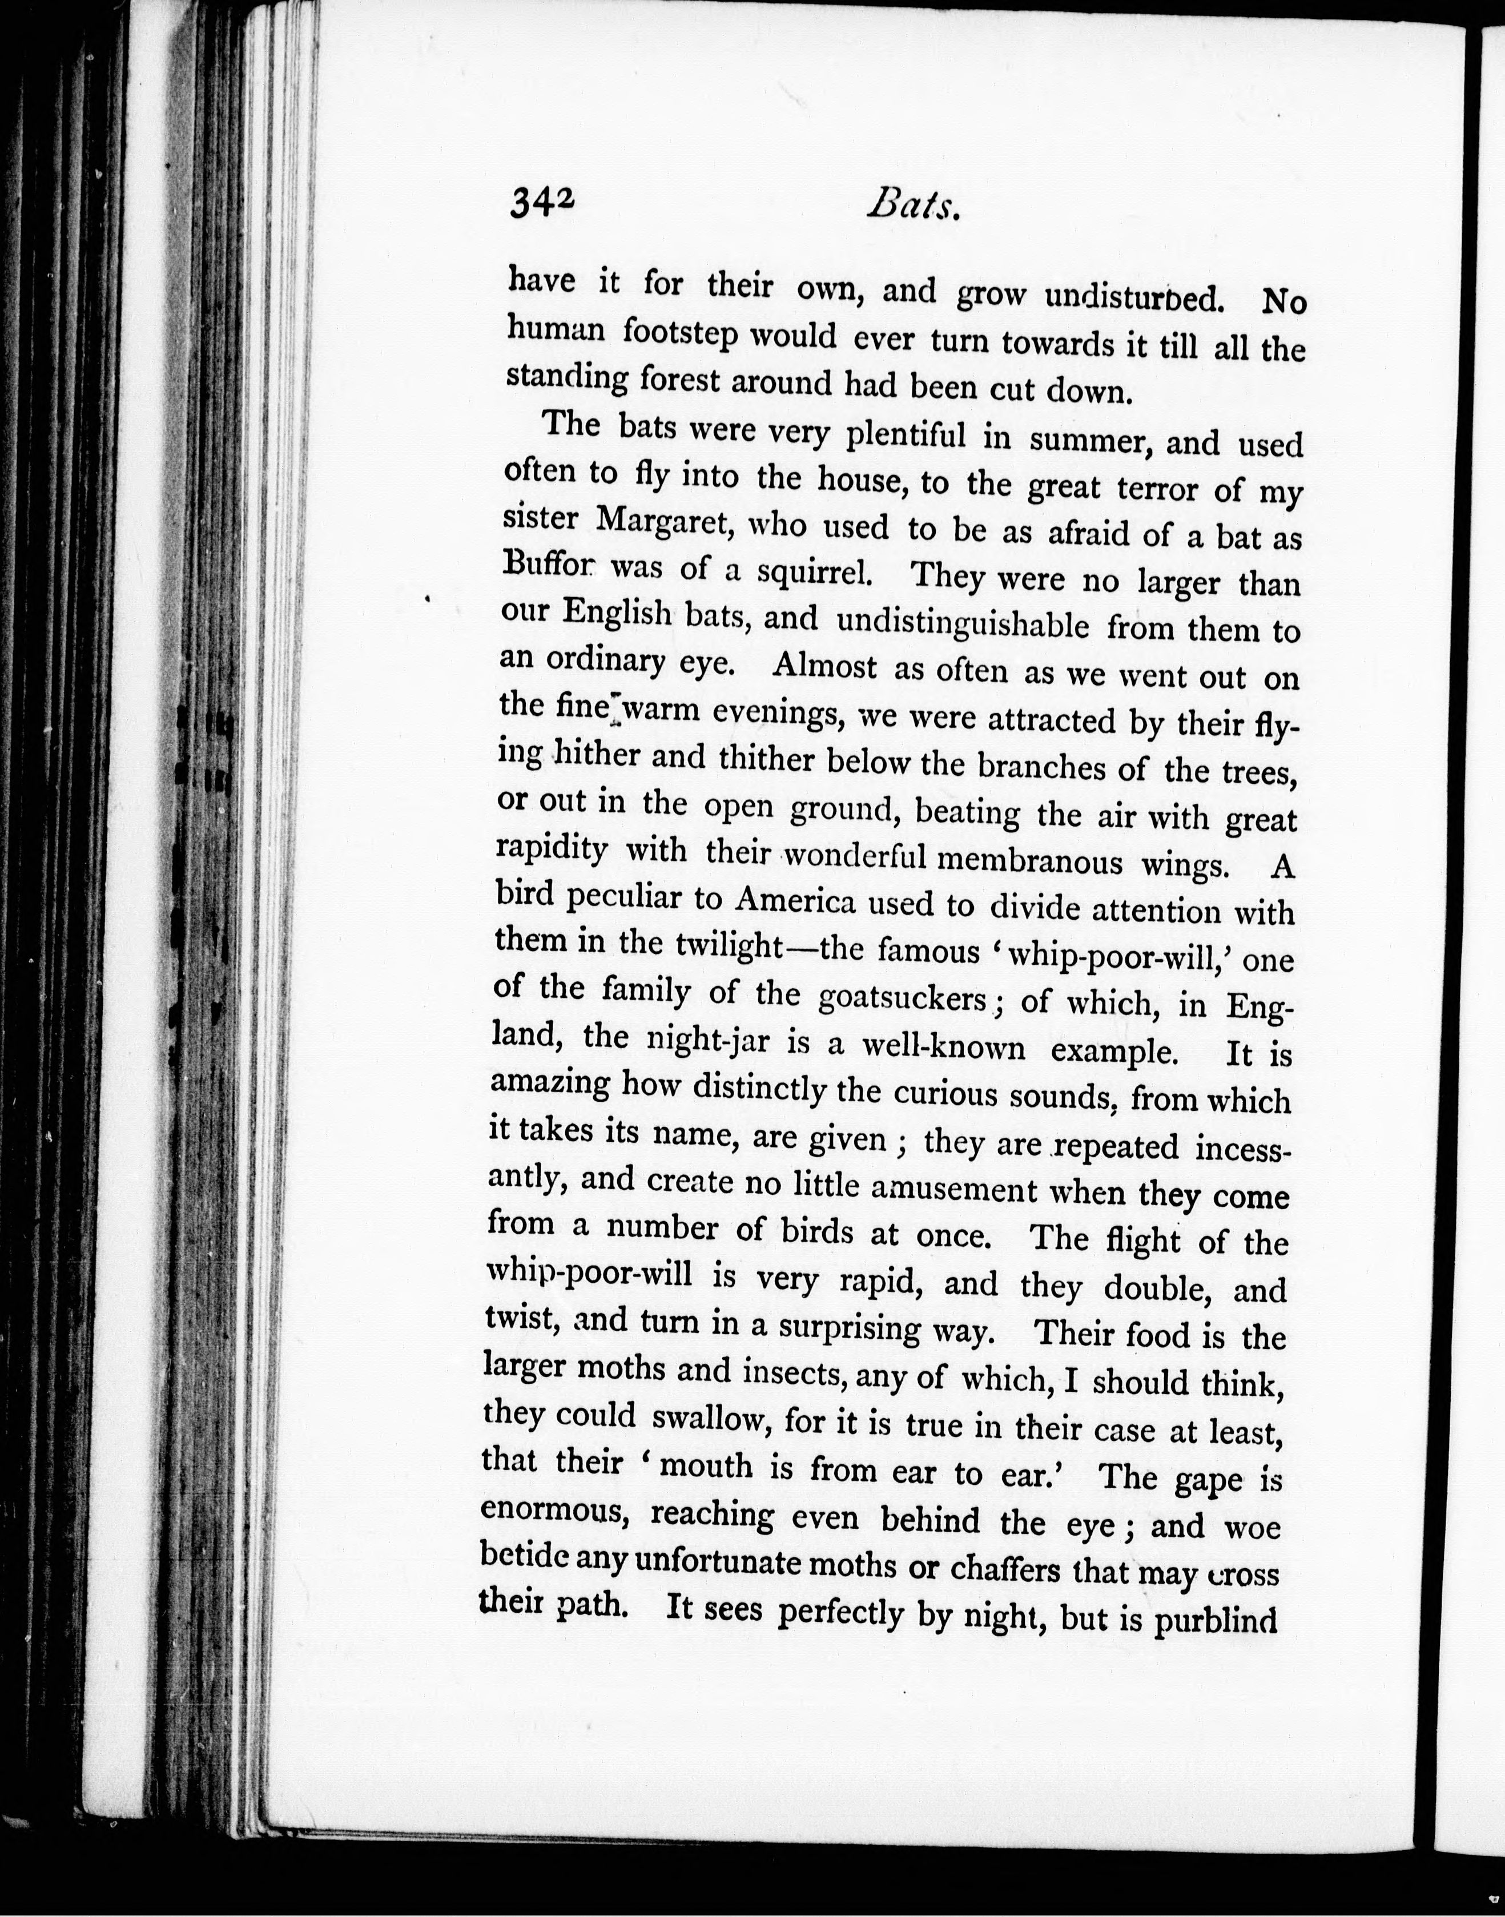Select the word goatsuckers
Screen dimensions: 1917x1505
(902, 998)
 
